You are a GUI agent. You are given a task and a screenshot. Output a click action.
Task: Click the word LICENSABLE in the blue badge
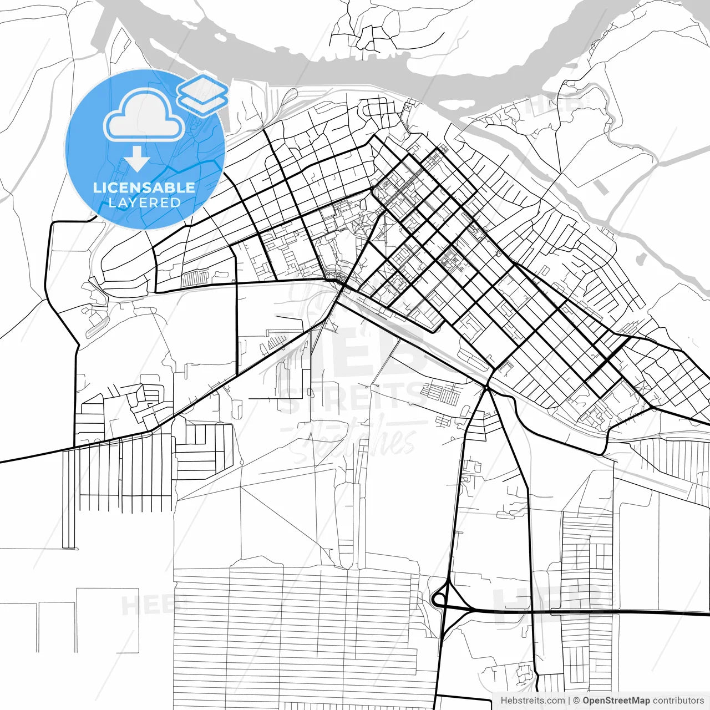coord(144,187)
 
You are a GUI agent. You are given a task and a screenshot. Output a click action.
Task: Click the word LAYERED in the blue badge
coord(144,202)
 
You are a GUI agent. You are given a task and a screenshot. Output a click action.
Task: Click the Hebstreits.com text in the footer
coord(532,701)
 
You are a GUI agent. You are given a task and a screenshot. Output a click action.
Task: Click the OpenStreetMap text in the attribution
coord(616,701)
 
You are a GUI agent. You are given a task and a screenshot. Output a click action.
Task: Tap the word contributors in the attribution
coord(678,701)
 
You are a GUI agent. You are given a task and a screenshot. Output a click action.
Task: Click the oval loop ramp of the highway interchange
coord(439,600)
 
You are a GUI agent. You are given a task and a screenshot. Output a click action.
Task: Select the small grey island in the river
coord(642,258)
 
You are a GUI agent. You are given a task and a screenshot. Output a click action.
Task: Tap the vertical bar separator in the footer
coord(569,701)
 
